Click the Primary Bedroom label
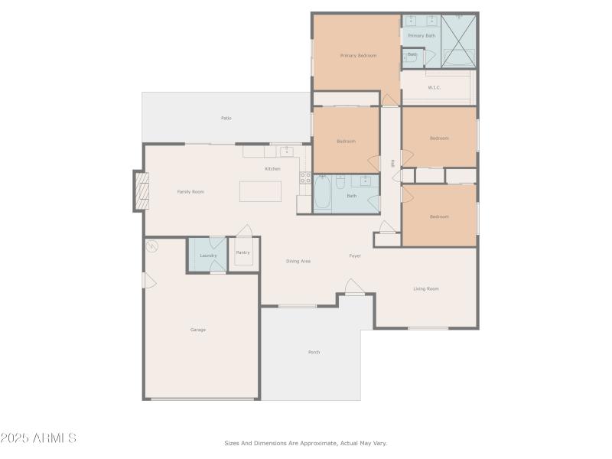coord(358,56)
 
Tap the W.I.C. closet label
coord(435,87)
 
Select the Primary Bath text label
coord(421,36)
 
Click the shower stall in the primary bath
coord(459,41)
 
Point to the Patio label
coord(226,118)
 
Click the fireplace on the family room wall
coord(142,190)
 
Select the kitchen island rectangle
coord(260,190)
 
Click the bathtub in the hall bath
coord(323,194)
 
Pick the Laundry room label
coord(208,256)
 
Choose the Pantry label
coord(243,252)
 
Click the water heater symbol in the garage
coord(151,246)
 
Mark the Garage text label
coord(198,330)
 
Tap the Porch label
coord(314,352)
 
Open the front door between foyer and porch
coord(354,288)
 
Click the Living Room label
coord(426,288)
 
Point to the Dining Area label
coord(298,262)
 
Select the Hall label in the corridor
coord(392,163)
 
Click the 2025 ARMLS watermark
coord(38,438)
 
